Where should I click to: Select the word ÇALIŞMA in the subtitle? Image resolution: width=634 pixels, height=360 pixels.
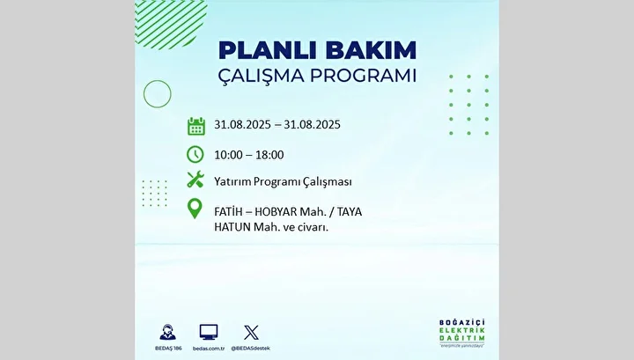pos(261,77)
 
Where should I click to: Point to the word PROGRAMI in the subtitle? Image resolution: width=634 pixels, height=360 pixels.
pos(363,76)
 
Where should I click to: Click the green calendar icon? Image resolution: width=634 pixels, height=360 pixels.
pos(196,126)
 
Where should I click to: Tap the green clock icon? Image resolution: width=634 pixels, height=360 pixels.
pos(195,154)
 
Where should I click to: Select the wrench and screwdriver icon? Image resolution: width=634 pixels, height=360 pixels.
pos(195,180)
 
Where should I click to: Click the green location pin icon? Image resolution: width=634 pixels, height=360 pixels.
pos(195,209)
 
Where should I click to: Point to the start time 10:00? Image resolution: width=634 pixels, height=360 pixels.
pos(228,155)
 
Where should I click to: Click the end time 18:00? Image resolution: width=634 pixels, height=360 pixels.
pos(269,155)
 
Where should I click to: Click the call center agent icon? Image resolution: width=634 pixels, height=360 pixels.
pos(168,333)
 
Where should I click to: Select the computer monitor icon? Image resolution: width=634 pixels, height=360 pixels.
pos(209,332)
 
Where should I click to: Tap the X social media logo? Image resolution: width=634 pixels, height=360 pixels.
pos(251,333)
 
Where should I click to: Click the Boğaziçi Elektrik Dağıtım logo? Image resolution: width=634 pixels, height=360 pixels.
pos(461,334)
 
